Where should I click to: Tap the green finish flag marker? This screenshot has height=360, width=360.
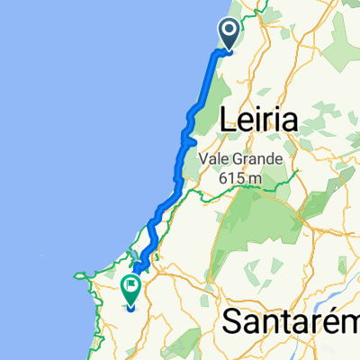click(131, 290)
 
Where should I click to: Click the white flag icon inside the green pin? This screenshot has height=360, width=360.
click(131, 287)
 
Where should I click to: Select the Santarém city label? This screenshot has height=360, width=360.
click(285, 320)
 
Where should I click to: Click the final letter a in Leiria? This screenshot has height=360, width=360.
click(290, 119)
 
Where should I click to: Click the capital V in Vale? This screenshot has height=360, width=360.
click(222, 159)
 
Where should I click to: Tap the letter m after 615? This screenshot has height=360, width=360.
click(256, 179)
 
